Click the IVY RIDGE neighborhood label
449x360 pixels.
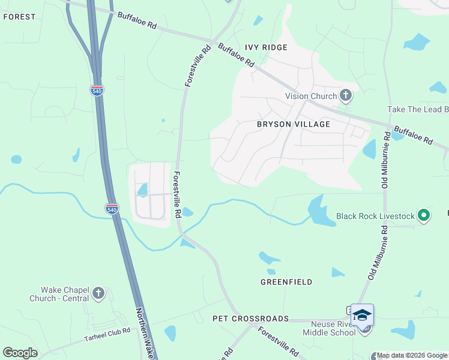point(266,47)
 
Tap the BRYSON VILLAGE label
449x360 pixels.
point(294,124)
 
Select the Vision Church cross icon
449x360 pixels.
point(346,95)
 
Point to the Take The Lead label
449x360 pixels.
point(418,109)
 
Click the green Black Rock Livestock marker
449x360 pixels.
point(424,215)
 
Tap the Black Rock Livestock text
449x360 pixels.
point(375,215)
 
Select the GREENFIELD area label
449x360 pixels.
point(286,281)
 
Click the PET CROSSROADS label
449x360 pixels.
point(250,319)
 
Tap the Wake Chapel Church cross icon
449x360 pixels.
point(98,294)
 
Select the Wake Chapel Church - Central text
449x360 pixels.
point(58,294)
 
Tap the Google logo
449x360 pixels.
point(20,352)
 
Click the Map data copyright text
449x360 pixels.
point(412,356)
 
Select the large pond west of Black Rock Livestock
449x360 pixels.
point(321,212)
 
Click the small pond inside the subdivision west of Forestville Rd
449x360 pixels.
point(143,190)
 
